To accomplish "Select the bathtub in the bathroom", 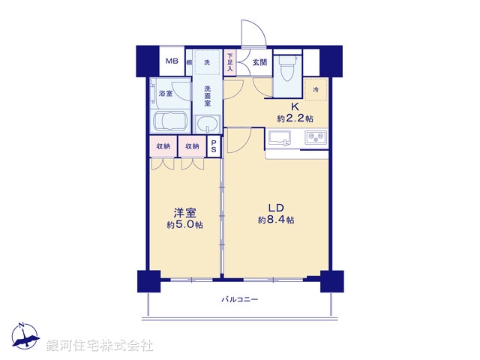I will tap(171, 121).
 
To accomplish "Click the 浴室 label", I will tap(166, 94).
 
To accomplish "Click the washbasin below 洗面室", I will tap(206, 123).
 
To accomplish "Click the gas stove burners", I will tap(315, 138).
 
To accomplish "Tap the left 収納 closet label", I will tap(163, 146).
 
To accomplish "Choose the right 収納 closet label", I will tap(192, 146).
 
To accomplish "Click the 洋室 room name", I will tap(184, 212).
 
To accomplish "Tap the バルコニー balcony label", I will tap(239, 299).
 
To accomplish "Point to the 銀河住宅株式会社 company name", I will tap(99, 346).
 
